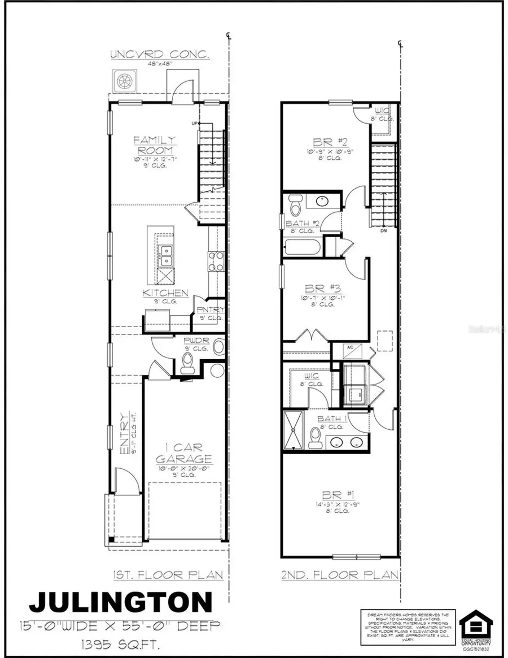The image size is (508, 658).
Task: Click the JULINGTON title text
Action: (x=121, y=602)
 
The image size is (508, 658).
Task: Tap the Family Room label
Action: (x=155, y=145)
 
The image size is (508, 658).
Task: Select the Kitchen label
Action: (x=165, y=293)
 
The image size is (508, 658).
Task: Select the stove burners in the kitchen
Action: (x=215, y=262)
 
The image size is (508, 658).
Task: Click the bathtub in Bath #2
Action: (x=303, y=247)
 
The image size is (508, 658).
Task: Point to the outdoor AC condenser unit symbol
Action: (x=124, y=81)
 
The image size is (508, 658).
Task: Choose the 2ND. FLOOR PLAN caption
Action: (x=341, y=575)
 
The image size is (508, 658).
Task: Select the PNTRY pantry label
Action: (x=210, y=310)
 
